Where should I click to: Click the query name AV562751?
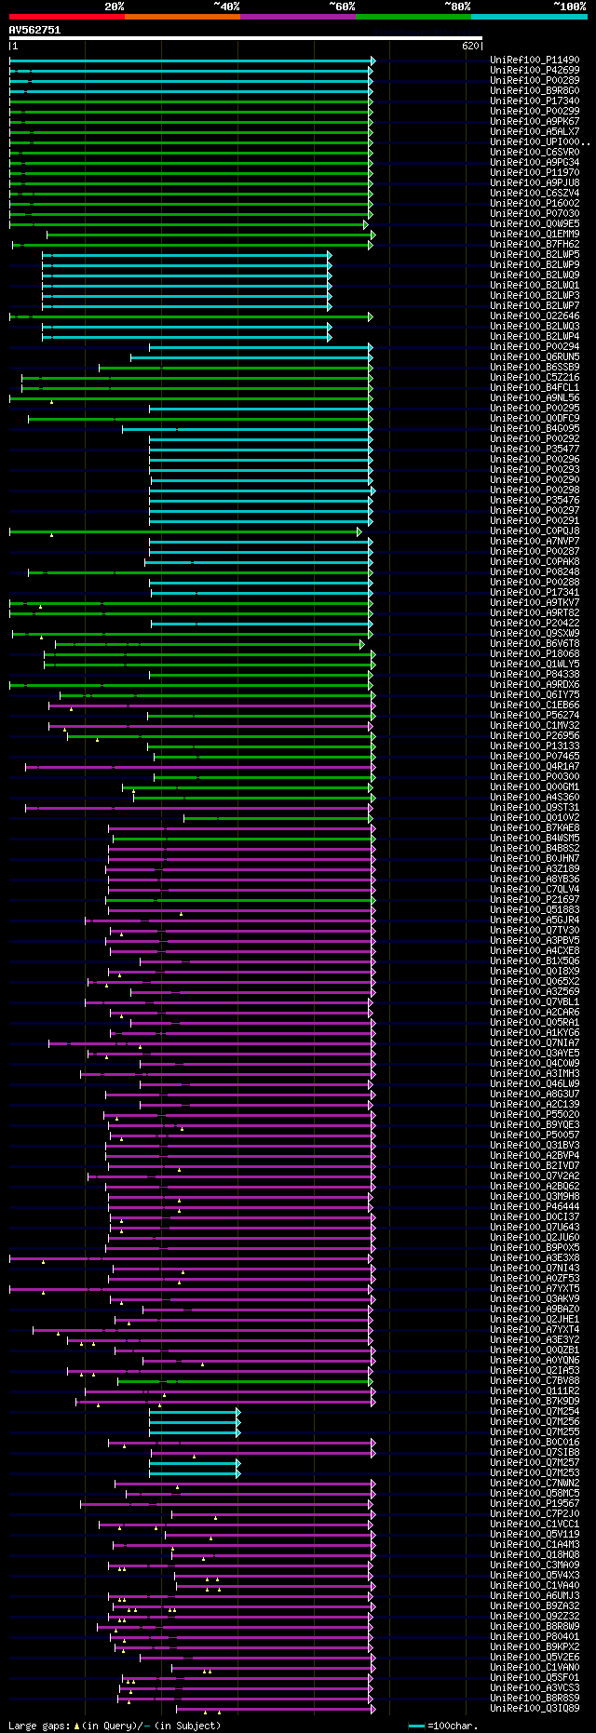coord(34,30)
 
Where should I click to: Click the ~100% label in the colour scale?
coord(569,6)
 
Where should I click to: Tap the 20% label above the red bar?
coord(114,6)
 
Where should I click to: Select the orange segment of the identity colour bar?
coord(182,17)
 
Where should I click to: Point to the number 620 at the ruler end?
coord(469,45)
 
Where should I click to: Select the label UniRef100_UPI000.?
coord(536,142)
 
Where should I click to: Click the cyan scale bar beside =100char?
coord(416,1726)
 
